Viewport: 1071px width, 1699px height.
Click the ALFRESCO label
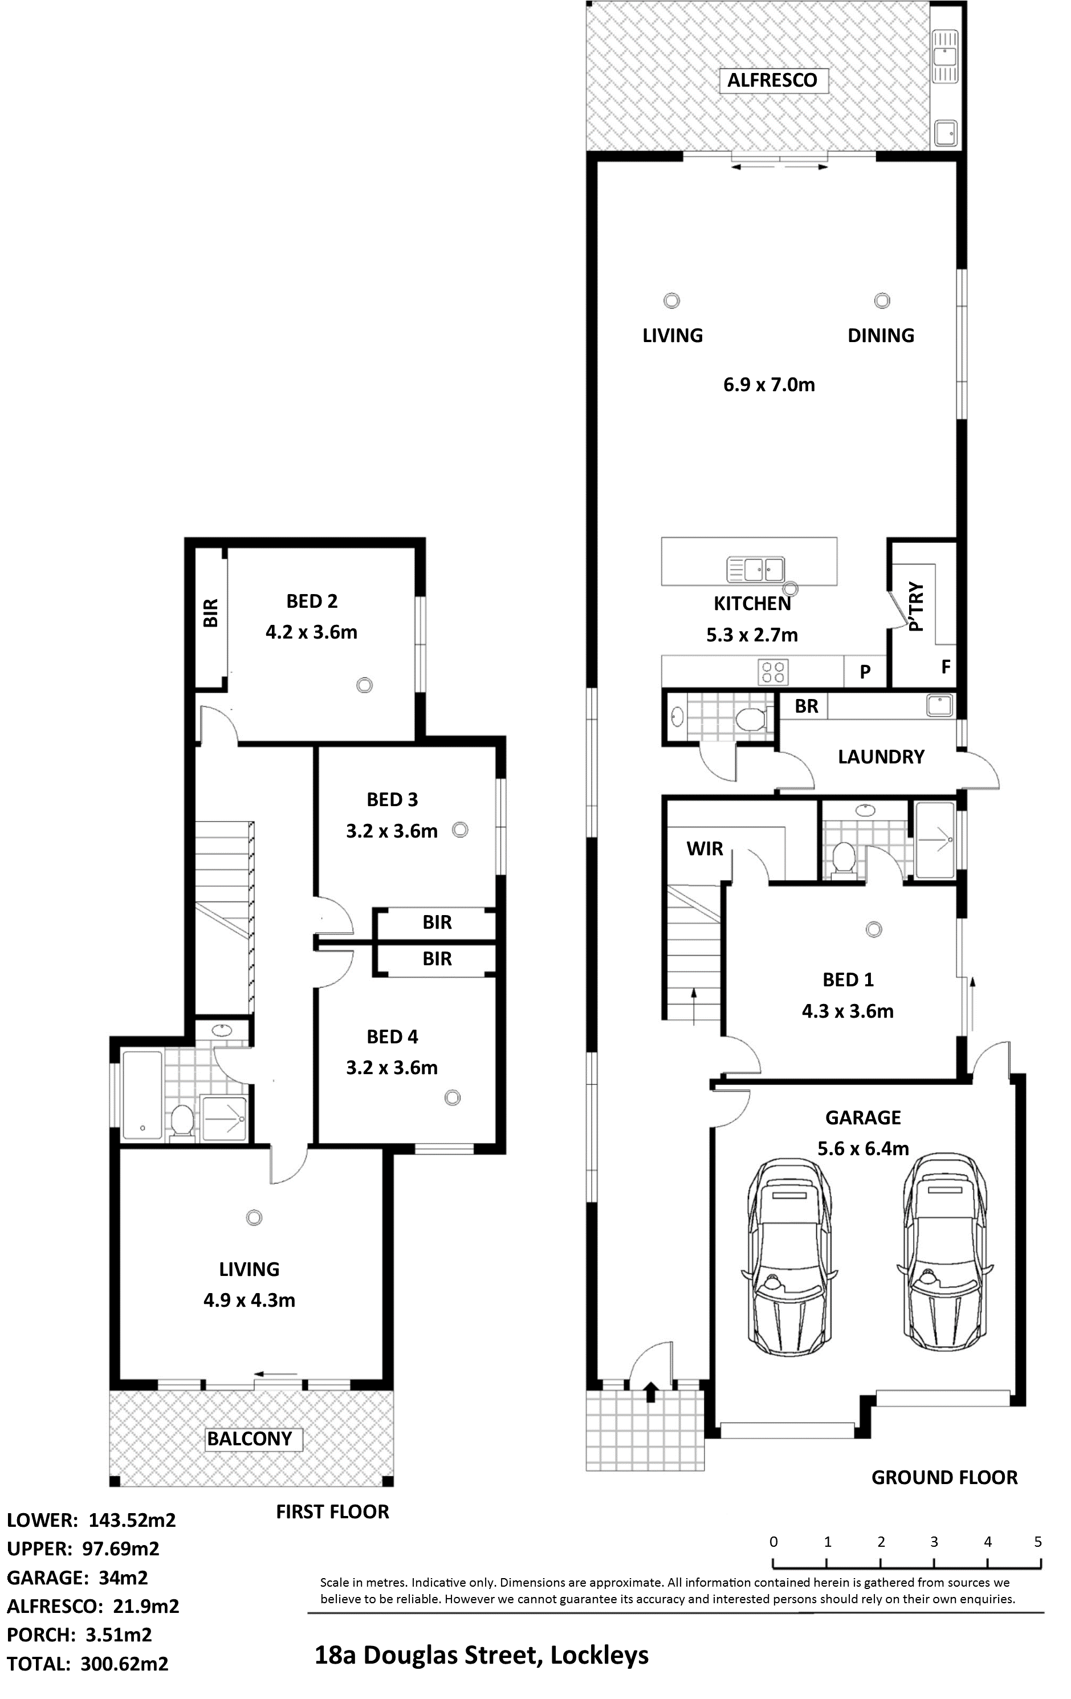[772, 80]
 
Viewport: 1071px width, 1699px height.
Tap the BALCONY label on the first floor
[249, 1438]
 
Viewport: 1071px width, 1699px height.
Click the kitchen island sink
[756, 568]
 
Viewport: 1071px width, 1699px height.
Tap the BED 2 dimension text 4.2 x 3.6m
[311, 632]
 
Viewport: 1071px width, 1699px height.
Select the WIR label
[705, 849]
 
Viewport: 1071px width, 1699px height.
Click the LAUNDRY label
[881, 757]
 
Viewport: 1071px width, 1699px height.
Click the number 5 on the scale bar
[1038, 1542]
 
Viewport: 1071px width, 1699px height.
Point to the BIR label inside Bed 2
[210, 613]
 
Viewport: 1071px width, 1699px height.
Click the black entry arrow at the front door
[650, 1391]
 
